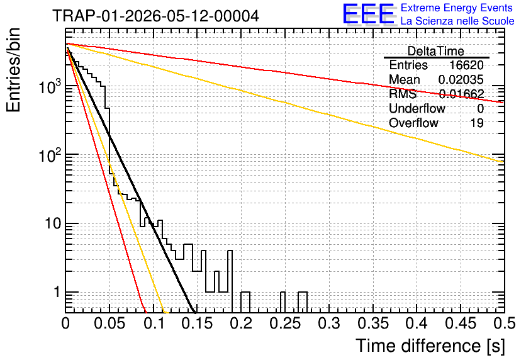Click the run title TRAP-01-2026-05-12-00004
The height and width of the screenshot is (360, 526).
(155, 16)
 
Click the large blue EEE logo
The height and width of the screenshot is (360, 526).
(368, 14)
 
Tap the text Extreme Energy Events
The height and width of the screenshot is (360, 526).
(457, 8)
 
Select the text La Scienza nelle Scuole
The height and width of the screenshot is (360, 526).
(457, 21)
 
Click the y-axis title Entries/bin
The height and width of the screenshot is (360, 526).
(13, 70)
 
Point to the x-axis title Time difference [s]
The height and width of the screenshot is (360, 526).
(430, 346)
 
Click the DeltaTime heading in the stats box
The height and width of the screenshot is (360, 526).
(436, 51)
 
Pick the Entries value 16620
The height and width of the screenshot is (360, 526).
(466, 65)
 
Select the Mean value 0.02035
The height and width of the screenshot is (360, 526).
(461, 79)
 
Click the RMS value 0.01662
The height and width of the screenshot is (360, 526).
(462, 94)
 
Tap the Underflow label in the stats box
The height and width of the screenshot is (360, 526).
(417, 108)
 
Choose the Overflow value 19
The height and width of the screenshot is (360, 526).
(477, 123)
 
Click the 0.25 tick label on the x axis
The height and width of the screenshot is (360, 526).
(285, 323)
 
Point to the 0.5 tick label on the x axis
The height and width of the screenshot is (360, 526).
(504, 323)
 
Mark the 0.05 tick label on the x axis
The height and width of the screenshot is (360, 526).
(109, 323)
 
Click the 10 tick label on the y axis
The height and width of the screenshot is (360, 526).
(53, 223)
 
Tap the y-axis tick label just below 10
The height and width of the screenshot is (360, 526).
(57, 292)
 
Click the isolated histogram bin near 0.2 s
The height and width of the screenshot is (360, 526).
(245, 302)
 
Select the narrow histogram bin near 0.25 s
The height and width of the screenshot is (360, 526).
(283, 302)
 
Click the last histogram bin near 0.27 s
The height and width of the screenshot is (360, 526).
(303, 302)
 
